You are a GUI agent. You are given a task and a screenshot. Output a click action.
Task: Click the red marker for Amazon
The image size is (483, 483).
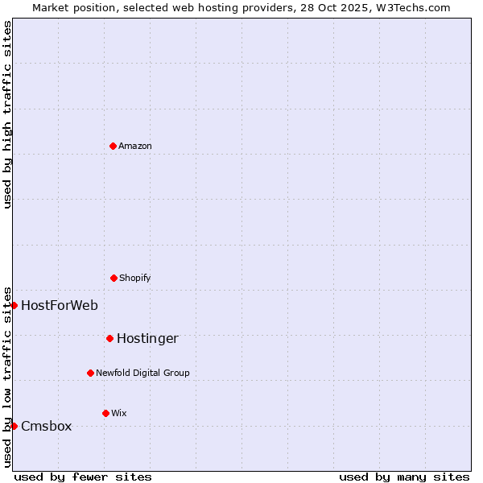tap(113, 146)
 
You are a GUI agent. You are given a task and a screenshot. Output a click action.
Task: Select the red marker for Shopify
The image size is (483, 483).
tap(114, 278)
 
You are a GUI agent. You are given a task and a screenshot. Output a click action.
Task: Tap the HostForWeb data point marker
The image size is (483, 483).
tap(14, 305)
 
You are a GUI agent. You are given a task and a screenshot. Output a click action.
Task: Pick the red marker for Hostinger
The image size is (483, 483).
tap(109, 338)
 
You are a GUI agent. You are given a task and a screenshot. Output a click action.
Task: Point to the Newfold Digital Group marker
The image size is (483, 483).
tap(90, 373)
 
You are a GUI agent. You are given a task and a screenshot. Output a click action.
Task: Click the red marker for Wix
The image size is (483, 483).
tap(105, 413)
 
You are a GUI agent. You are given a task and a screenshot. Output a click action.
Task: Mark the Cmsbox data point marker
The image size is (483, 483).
tap(14, 426)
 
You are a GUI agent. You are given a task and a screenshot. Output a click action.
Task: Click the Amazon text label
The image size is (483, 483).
tap(135, 146)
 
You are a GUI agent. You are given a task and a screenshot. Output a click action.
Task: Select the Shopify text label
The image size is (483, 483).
tap(135, 278)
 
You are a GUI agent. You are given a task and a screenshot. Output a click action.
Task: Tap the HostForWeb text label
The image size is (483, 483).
tap(60, 305)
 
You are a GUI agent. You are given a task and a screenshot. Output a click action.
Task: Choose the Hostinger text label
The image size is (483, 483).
tap(147, 338)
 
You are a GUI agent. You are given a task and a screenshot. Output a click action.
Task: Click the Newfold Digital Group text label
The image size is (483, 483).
tap(142, 373)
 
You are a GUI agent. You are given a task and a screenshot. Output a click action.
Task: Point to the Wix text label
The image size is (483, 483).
tap(119, 413)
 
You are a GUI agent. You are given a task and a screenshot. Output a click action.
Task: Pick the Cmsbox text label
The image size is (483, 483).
tap(46, 426)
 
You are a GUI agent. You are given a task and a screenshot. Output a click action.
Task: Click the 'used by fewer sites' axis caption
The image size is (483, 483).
tap(83, 477)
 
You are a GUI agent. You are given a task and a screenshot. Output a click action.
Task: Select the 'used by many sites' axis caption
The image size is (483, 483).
tap(404, 477)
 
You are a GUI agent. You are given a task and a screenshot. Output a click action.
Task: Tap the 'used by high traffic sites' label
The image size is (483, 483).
tap(7, 114)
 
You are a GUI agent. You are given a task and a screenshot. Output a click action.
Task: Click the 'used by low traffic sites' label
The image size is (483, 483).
tap(7, 377)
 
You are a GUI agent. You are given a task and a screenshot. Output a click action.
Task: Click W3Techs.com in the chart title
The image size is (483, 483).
tap(413, 7)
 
